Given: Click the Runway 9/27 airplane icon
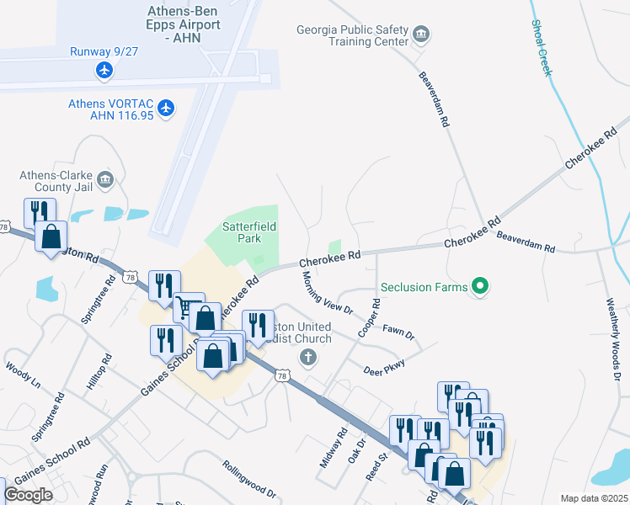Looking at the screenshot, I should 104,69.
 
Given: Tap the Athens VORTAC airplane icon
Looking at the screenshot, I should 166,108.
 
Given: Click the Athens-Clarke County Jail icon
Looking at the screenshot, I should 105,179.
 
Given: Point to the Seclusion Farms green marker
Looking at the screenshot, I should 481,287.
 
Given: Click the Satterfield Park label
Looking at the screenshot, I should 249,232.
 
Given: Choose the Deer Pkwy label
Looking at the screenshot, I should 384,367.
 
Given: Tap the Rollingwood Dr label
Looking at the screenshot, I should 249,476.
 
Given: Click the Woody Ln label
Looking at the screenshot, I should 23,374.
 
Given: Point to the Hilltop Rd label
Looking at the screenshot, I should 98,371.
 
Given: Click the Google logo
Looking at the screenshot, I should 28,495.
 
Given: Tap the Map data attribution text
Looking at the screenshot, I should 594,498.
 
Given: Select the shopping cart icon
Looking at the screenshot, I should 189,306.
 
